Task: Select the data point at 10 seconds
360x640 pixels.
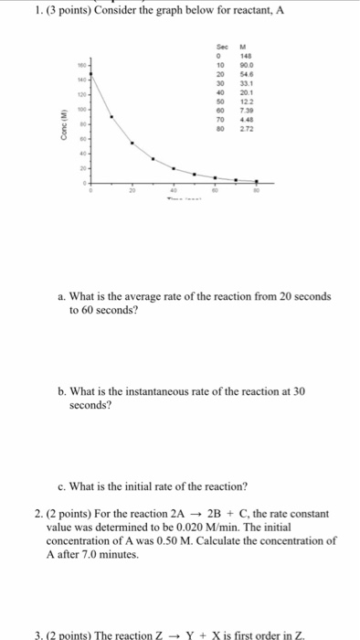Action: [x=111, y=117]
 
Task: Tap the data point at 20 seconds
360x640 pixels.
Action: [x=132, y=144]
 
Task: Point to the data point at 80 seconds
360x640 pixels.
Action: [x=257, y=182]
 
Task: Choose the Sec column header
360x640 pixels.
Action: [x=220, y=48]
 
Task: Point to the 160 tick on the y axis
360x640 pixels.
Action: [x=80, y=65]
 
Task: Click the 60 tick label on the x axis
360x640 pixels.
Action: [x=215, y=190]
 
